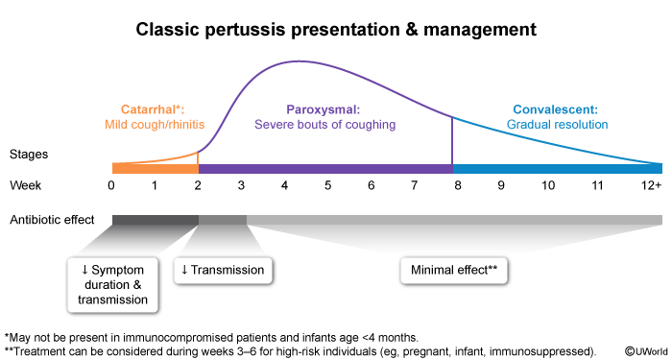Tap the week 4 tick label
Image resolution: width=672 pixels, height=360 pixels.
(284, 186)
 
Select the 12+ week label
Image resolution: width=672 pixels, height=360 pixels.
(652, 186)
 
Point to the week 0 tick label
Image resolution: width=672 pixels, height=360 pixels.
(112, 186)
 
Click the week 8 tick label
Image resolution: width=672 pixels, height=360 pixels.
(458, 186)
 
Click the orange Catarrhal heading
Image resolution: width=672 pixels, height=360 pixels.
(153, 109)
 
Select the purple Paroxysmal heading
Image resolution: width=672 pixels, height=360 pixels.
(324, 109)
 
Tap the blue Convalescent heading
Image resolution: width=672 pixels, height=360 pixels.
(556, 109)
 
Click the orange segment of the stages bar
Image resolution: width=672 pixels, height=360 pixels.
(156, 168)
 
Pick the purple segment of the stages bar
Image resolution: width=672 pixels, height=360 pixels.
(325, 168)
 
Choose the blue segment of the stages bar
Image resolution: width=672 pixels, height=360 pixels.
(558, 168)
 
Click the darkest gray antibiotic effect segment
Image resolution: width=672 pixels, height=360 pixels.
(156, 220)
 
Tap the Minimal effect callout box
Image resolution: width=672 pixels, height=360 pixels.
(454, 271)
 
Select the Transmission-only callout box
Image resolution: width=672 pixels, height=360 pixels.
(223, 271)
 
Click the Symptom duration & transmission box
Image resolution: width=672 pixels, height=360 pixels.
(112, 284)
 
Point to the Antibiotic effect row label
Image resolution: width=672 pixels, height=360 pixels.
(52, 220)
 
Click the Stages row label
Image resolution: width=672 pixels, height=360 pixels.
(29, 155)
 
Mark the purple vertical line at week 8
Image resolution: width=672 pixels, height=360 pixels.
(452, 140)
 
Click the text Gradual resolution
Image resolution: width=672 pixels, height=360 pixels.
(557, 125)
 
